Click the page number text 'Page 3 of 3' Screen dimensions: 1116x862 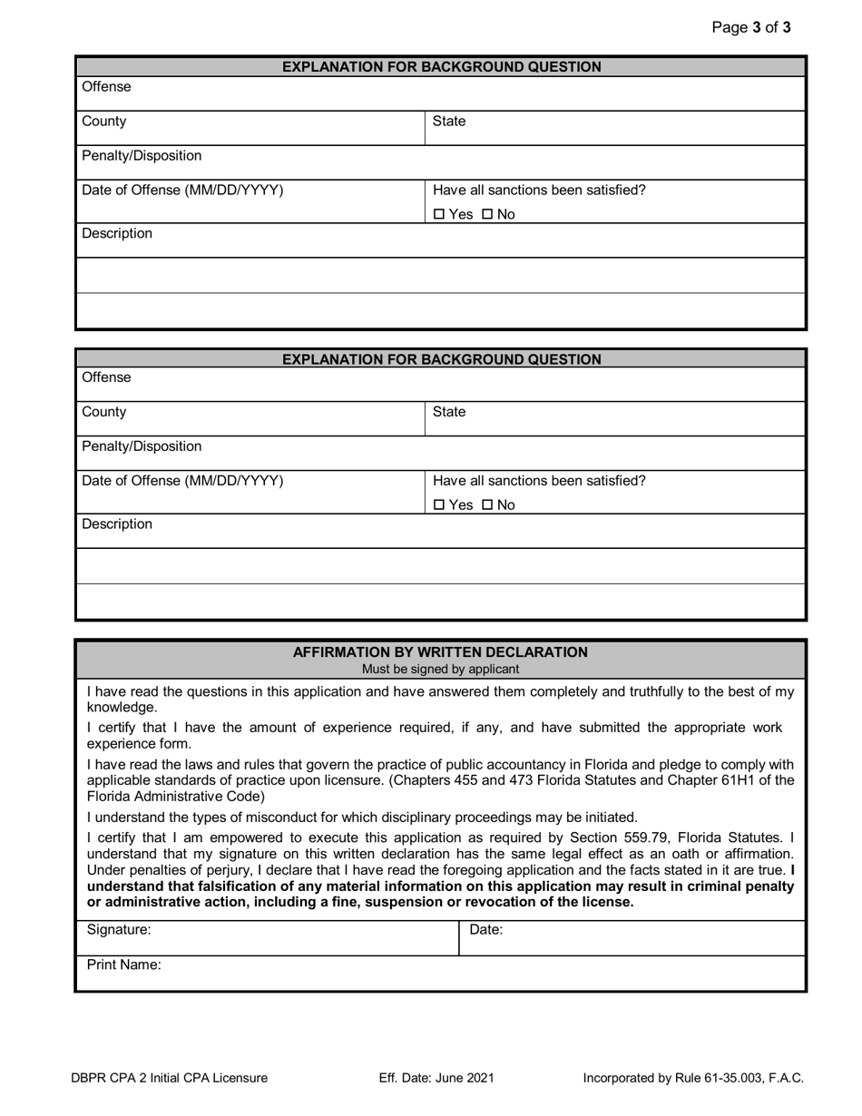coord(751,27)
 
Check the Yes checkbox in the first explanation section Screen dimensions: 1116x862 coord(440,215)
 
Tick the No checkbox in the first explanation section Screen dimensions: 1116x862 coord(487,215)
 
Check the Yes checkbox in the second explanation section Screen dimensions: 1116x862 coord(440,505)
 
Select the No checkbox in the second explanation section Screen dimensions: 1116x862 coord(487,505)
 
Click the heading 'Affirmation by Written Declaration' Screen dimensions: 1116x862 coord(440,652)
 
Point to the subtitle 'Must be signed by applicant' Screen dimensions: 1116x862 coord(440,670)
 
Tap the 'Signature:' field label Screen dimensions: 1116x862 coord(119,930)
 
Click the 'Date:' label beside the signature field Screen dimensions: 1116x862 coord(486,930)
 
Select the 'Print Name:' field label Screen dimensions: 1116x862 coord(124,965)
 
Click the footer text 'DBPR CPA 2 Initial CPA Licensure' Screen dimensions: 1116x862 coord(170,1079)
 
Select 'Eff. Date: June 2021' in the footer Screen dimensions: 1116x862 coord(436,1079)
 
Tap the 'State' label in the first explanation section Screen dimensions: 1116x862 coord(449,122)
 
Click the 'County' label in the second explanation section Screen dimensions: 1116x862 coord(104,412)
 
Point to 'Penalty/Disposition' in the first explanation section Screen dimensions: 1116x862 coord(142,156)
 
